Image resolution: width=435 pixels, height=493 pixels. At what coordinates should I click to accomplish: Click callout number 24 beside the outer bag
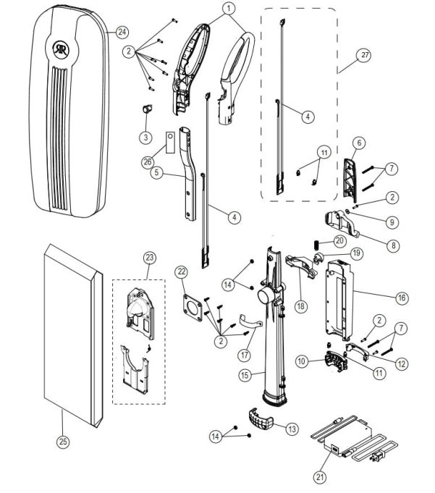tap(122, 32)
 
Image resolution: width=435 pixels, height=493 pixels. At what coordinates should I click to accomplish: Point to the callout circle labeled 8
tap(393, 245)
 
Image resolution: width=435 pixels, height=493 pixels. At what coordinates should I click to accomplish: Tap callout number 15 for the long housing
tap(247, 374)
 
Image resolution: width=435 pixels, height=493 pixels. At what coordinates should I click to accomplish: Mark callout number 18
tap(300, 306)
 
